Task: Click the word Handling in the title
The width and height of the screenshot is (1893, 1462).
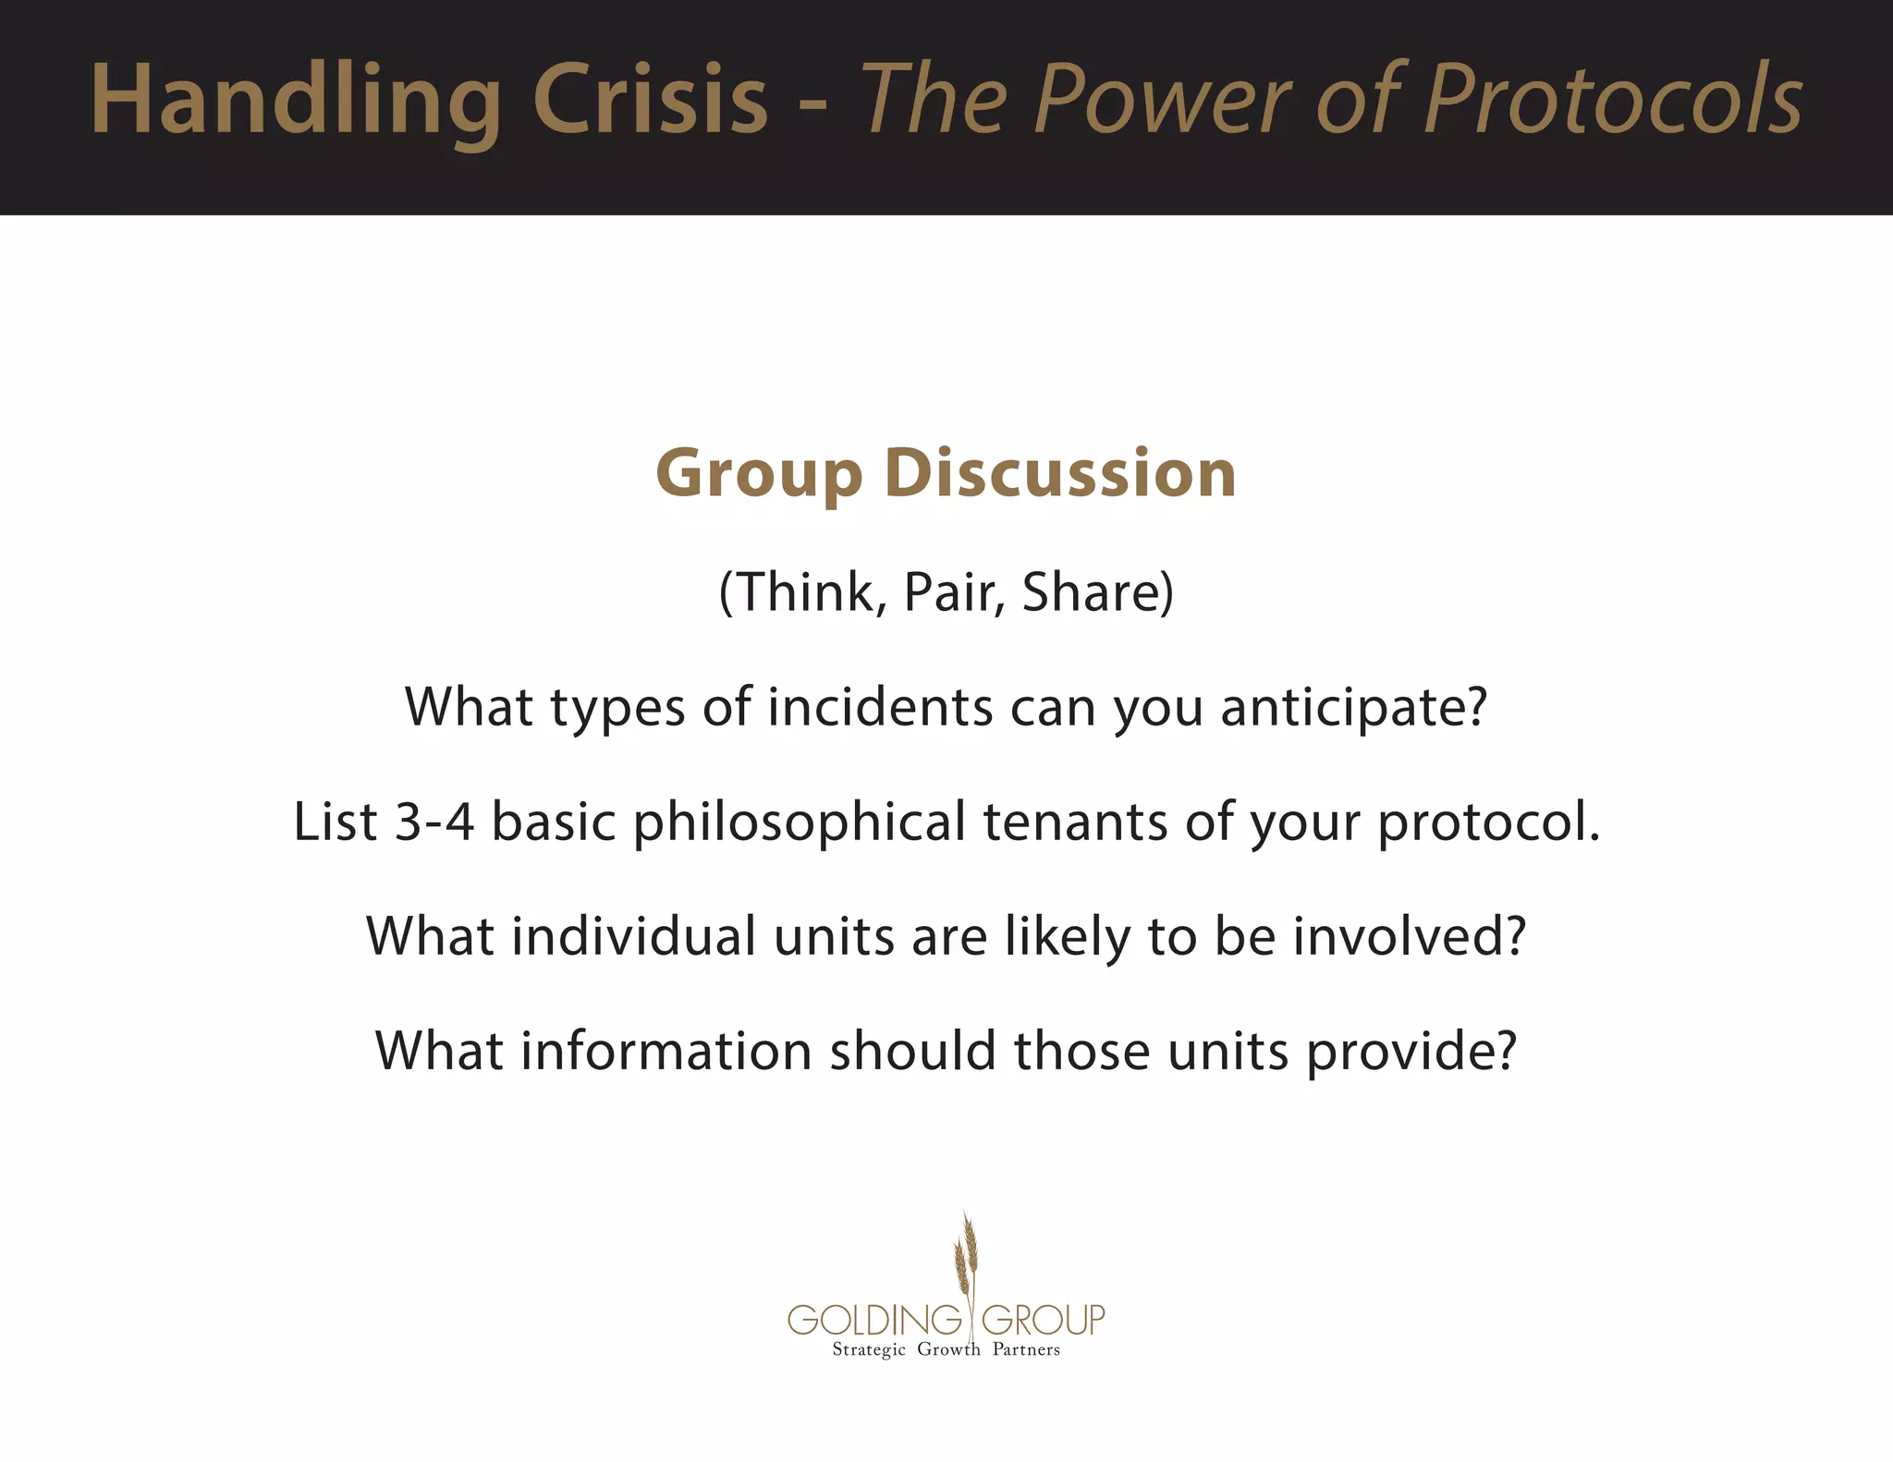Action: click(296, 100)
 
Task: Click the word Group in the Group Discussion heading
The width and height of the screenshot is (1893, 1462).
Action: click(758, 475)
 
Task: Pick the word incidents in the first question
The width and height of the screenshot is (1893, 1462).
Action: click(880, 707)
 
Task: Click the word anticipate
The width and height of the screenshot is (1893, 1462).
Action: click(1353, 709)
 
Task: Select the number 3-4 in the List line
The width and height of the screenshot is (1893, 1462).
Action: click(434, 822)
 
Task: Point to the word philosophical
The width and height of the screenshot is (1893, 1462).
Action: click(799, 823)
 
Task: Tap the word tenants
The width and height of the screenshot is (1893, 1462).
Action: click(1075, 822)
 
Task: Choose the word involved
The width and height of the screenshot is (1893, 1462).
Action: click(1409, 936)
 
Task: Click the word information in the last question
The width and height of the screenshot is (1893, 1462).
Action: click(666, 1052)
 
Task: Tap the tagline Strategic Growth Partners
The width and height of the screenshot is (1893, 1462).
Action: click(946, 1350)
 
